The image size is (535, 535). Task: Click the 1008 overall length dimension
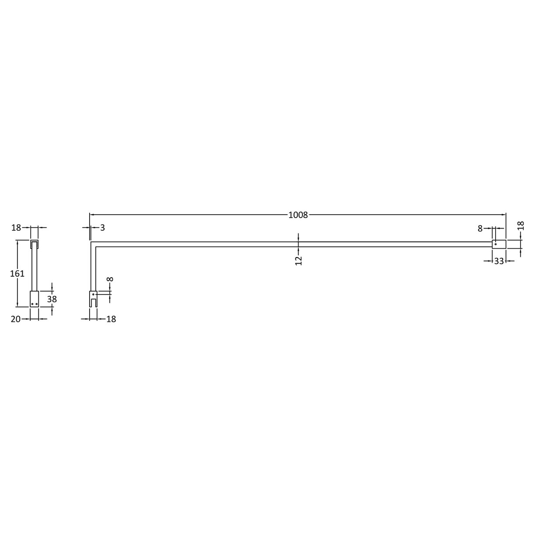tap(298, 215)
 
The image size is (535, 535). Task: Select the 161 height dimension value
tap(17, 273)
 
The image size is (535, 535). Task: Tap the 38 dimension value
tap(52, 299)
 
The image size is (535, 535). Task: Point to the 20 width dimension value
tap(15, 319)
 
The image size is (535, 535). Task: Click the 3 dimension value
tap(102, 228)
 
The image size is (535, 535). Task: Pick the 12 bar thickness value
tap(299, 261)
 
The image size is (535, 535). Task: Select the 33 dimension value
tap(499, 261)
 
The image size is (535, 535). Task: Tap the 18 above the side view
tap(16, 228)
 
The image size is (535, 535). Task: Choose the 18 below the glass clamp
tap(111, 319)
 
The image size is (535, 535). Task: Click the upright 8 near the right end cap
tap(480, 228)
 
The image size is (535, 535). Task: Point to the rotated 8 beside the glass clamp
tap(110, 279)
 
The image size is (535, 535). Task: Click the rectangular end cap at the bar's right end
tap(499, 244)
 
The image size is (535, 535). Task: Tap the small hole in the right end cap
tap(495, 244)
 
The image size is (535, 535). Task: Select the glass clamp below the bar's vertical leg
tap(93, 299)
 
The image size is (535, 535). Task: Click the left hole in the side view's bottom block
tap(32, 304)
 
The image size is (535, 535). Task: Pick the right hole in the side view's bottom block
tap(37, 304)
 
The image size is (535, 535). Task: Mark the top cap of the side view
tap(35, 243)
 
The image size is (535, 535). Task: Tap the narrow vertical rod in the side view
tap(35, 269)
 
